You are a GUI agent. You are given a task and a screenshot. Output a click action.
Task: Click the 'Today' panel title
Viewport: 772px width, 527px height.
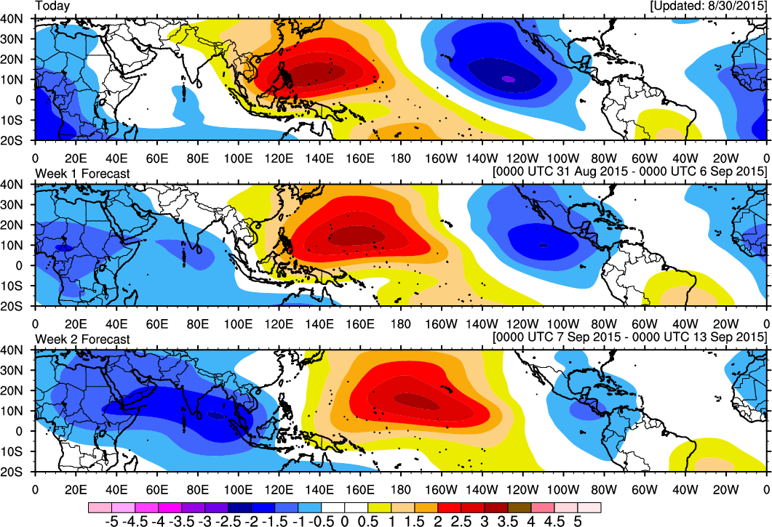52,6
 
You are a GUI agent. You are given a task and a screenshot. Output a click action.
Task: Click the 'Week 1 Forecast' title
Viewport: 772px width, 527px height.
83,174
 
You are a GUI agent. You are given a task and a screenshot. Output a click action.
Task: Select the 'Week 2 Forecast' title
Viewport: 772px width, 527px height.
83,339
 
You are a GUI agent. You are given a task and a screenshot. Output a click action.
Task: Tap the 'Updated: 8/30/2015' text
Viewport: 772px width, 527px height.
709,7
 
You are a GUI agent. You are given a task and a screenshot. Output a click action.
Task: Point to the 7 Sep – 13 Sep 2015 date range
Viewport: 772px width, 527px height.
630,337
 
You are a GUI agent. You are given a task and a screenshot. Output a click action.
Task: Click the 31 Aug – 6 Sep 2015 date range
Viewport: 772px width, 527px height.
630,172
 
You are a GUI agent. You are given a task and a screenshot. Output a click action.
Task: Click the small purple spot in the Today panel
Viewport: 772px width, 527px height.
509,79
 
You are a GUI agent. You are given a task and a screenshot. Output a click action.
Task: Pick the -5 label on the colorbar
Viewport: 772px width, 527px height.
112,521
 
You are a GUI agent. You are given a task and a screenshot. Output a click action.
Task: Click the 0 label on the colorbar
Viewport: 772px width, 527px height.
345,521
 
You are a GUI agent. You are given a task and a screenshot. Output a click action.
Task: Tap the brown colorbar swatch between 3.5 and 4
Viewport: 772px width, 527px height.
520,507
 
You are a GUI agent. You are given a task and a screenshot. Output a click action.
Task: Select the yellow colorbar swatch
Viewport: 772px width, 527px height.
380,507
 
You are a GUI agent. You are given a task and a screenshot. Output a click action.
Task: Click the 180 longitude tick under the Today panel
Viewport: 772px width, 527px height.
401,158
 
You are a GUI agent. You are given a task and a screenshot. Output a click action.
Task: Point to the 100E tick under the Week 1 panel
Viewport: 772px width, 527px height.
239,323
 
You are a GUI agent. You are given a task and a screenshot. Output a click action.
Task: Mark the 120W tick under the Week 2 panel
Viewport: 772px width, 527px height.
522,490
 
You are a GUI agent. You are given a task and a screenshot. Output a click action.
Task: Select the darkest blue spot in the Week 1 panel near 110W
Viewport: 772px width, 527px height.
543,244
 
